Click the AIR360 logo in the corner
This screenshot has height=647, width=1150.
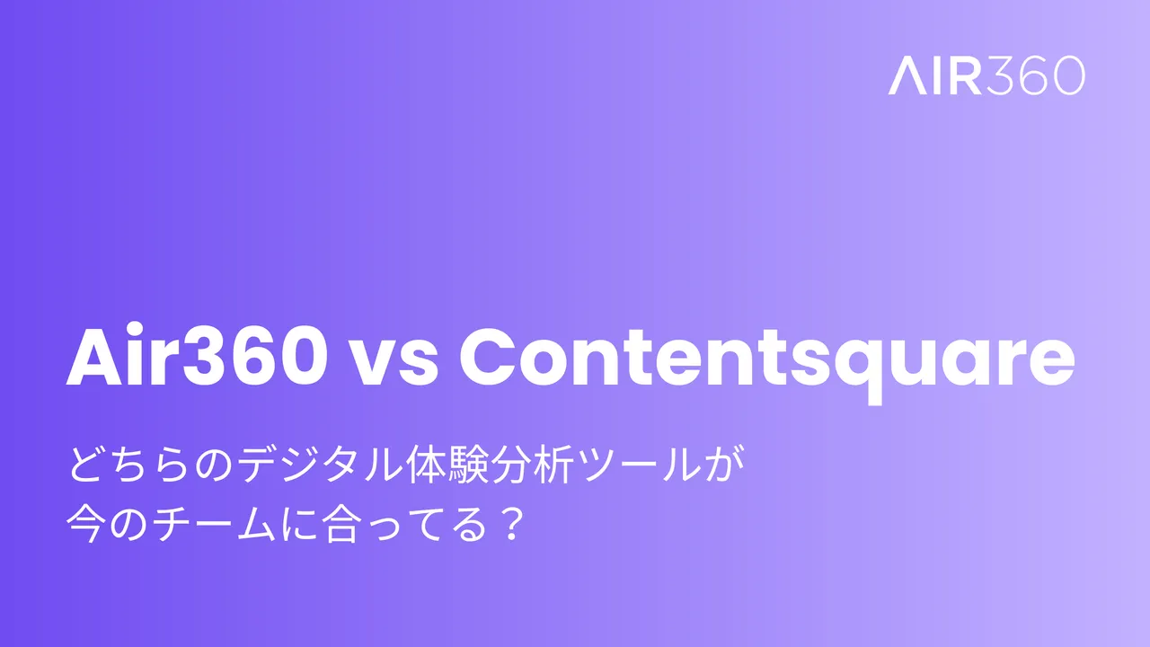[986, 76]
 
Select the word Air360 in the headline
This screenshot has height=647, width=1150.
[196, 359]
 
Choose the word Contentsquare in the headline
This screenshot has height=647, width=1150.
[766, 359]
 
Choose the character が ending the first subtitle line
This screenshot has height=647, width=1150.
[732, 469]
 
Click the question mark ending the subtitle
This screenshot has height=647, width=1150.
[514, 522]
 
